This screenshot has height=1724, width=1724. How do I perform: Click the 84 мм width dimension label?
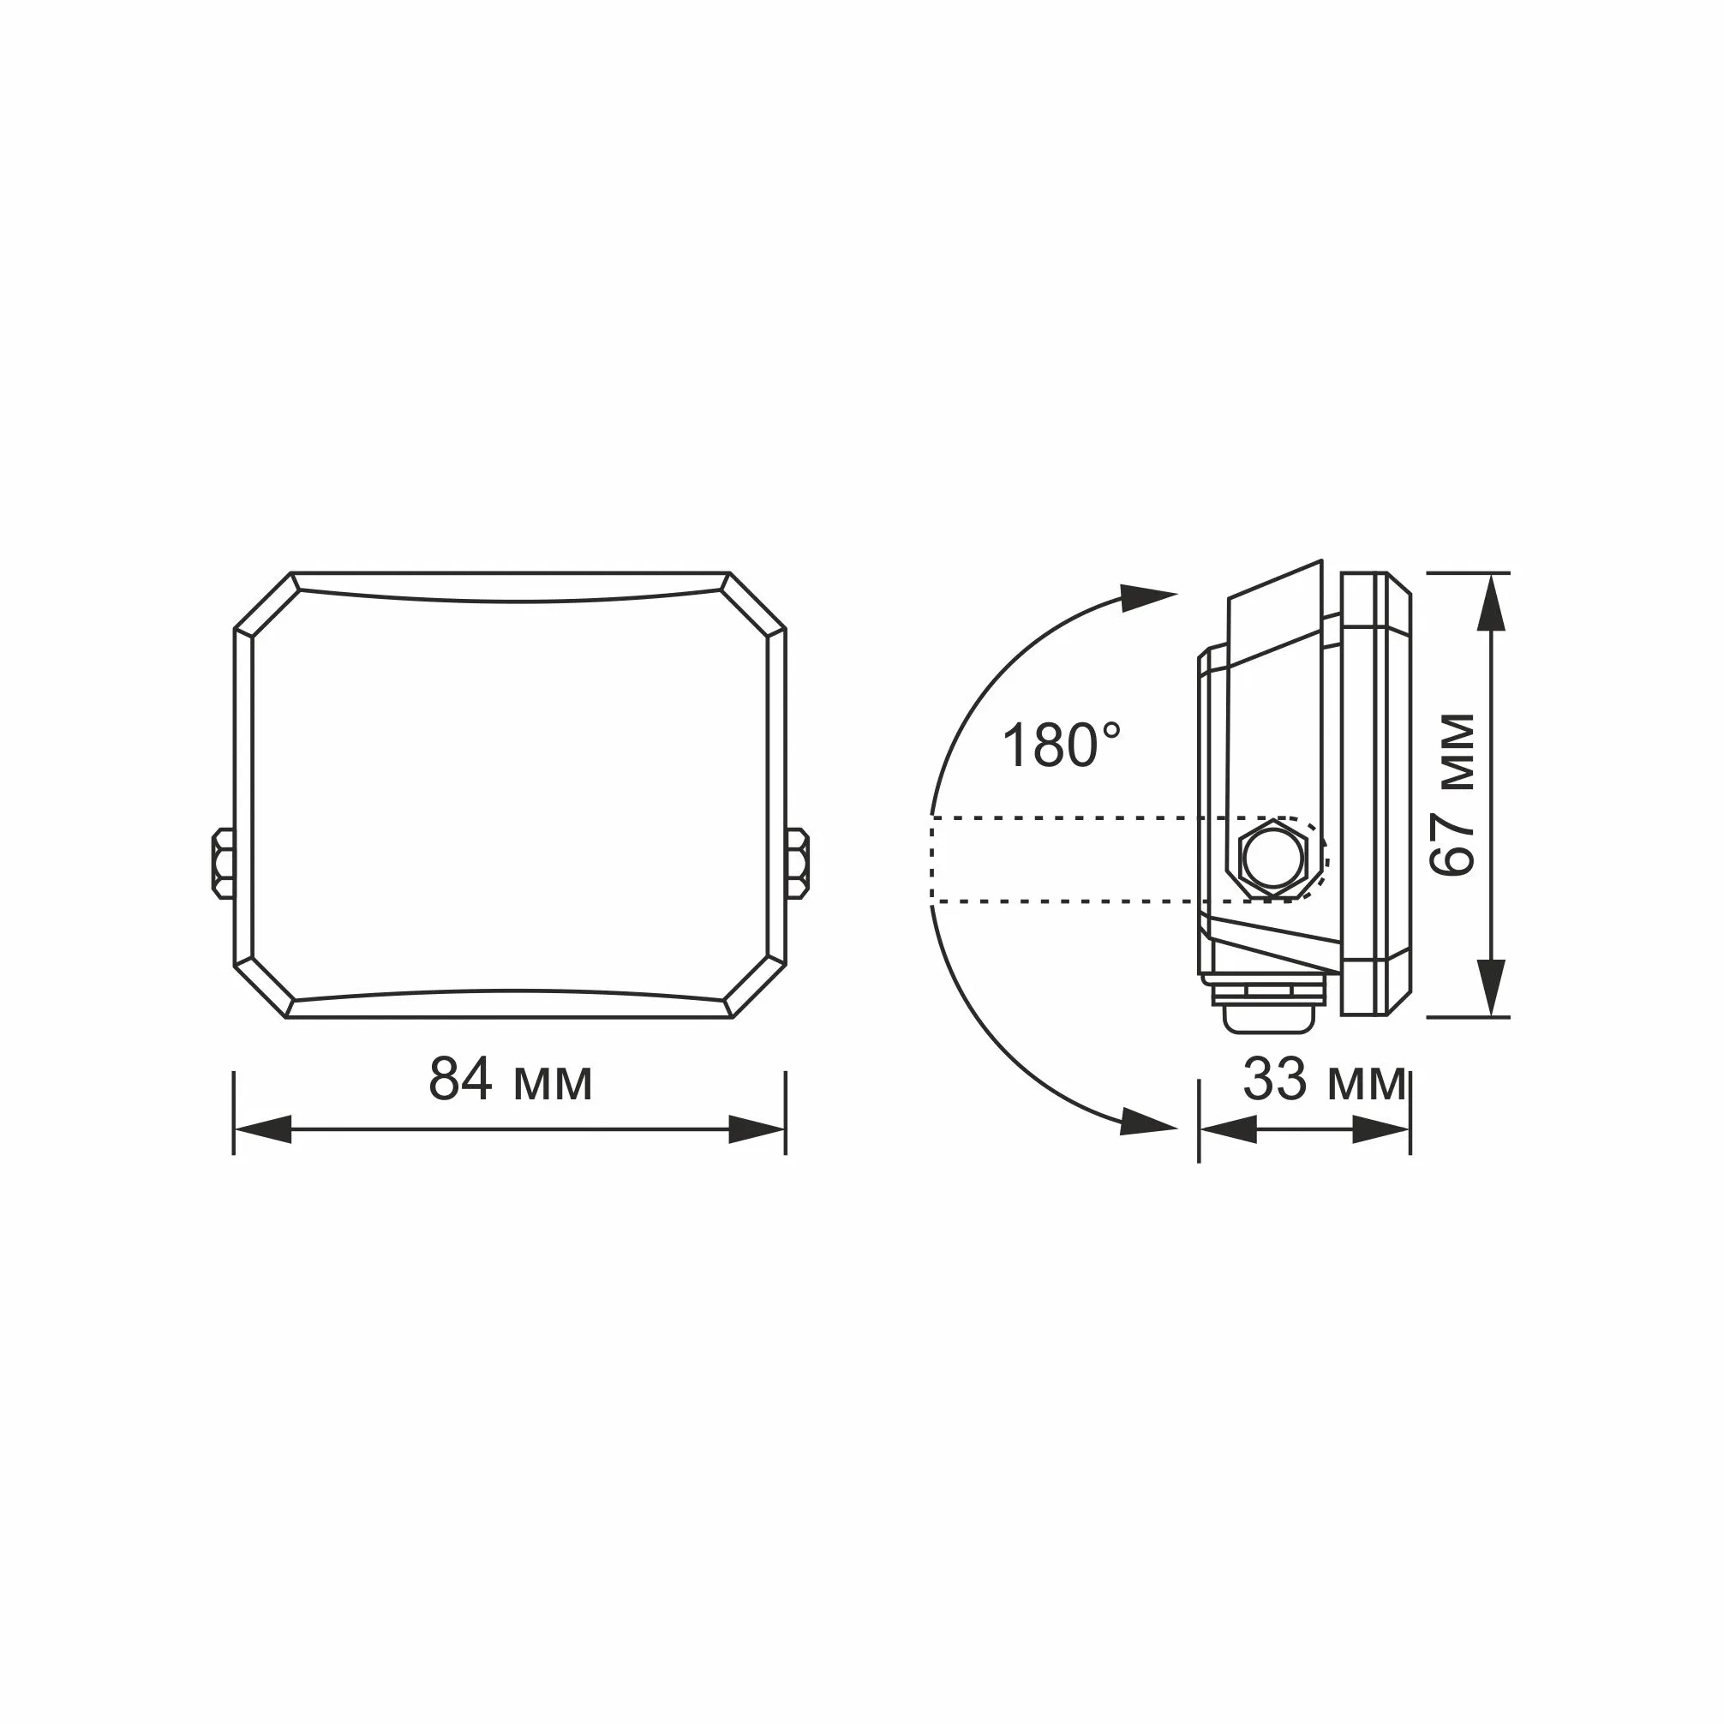pos(511,1080)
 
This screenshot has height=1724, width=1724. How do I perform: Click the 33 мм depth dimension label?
pos(1324,1080)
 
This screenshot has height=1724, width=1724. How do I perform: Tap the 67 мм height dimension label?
pos(1452,795)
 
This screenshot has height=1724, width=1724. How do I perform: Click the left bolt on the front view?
pos(223,862)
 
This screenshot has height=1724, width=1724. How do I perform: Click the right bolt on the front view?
pos(797,862)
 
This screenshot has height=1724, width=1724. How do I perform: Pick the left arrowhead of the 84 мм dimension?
pos(263,1128)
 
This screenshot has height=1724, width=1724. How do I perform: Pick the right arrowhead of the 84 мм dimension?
pos(757,1128)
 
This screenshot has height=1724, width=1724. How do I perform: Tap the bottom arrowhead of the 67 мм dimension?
pos(1491,986)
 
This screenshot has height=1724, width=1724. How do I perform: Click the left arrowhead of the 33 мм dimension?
pos(1229,1128)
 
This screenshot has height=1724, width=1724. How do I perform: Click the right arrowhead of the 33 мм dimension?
pos(1381,1128)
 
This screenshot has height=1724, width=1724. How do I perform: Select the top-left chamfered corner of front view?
pos(264,601)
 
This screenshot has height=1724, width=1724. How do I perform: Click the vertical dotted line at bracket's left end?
pos(931,860)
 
